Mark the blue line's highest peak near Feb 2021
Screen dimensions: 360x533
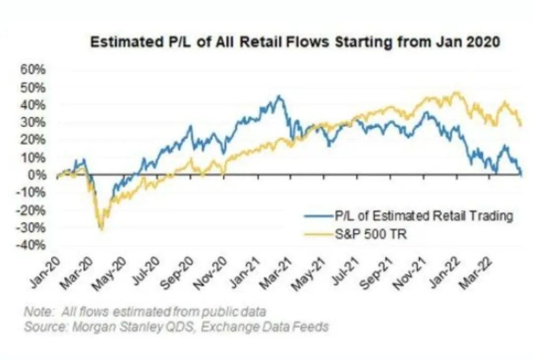[x=279, y=96]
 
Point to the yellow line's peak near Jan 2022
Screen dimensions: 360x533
[x=457, y=92]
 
